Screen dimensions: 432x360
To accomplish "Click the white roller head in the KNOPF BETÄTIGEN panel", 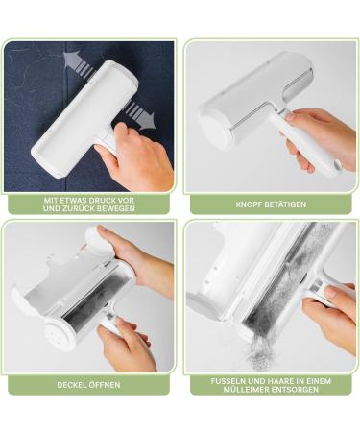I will pyautogui.click(x=245, y=96).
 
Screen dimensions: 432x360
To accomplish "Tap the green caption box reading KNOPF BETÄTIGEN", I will pyautogui.click(x=271, y=204).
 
